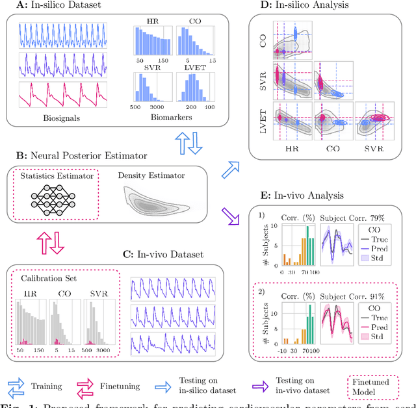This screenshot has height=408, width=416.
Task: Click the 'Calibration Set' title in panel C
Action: point(47,277)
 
